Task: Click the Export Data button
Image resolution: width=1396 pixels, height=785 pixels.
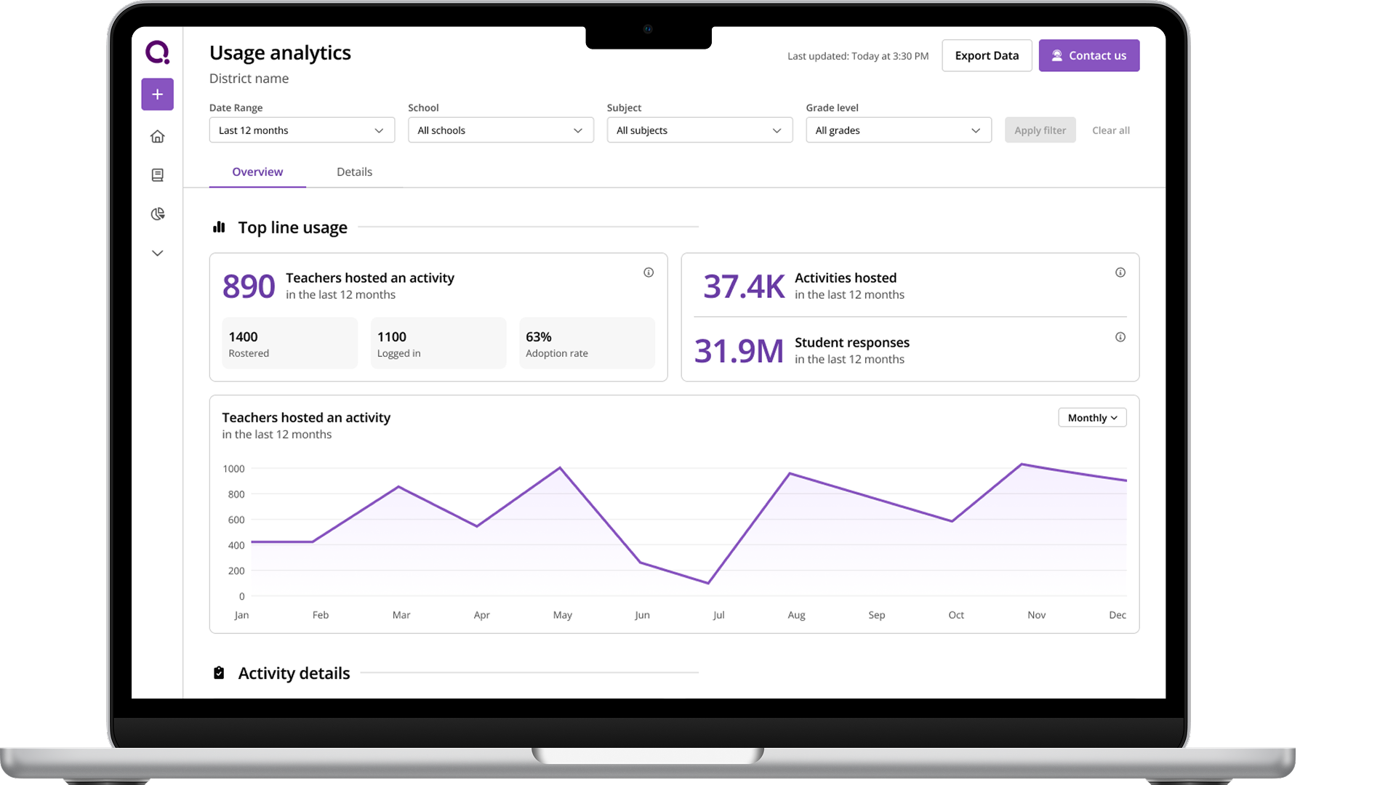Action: point(987,56)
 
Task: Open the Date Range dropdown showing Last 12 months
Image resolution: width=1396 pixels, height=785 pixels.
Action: point(302,130)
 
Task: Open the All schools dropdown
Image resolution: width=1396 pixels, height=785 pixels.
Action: point(500,130)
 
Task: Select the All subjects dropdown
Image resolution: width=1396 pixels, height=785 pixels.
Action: point(699,130)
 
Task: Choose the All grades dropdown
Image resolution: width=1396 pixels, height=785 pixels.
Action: point(898,130)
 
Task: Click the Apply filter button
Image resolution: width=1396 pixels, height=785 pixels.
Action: point(1040,130)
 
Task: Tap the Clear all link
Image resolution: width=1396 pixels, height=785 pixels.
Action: point(1110,130)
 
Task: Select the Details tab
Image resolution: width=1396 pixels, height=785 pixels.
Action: point(354,172)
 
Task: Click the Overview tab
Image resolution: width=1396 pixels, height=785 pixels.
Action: point(257,172)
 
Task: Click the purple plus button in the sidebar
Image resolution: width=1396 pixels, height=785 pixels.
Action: point(157,94)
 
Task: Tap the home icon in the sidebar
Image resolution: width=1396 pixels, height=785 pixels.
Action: point(157,137)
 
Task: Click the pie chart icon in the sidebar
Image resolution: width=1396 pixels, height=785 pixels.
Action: point(157,214)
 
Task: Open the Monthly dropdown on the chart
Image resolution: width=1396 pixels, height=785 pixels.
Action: point(1092,418)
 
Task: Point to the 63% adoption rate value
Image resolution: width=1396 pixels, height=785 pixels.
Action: point(539,337)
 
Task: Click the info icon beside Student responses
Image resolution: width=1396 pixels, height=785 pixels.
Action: point(1120,337)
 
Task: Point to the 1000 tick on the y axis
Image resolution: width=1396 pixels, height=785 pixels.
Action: point(233,469)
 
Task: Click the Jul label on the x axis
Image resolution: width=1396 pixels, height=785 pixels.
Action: point(718,615)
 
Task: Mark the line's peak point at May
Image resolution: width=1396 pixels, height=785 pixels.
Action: point(560,467)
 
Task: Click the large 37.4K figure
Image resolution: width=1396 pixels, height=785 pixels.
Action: point(743,286)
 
